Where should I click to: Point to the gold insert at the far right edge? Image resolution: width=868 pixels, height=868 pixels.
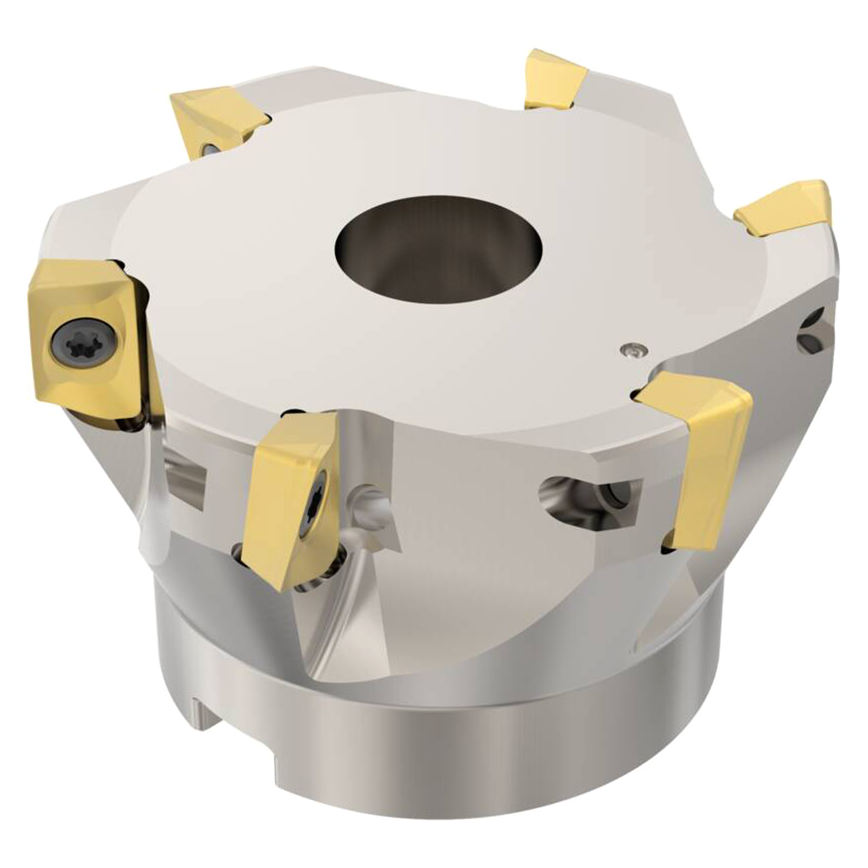point(787,210)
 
